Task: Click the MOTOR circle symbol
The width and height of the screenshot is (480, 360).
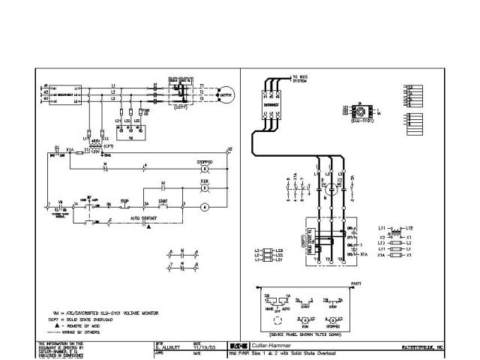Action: (223, 96)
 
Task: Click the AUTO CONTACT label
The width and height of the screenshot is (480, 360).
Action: (145, 219)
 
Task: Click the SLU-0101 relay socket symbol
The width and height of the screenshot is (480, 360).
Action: (362, 112)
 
